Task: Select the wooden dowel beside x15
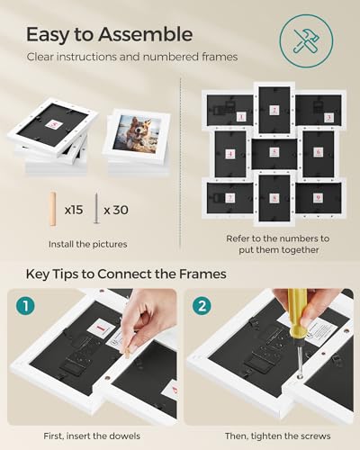[x=52, y=209]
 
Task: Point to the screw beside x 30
[x=95, y=209]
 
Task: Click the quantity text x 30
[x=115, y=210]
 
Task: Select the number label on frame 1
[x=240, y=117]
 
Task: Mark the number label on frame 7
[x=230, y=197]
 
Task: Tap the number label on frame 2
[x=274, y=110]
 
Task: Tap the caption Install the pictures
[x=86, y=243]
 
